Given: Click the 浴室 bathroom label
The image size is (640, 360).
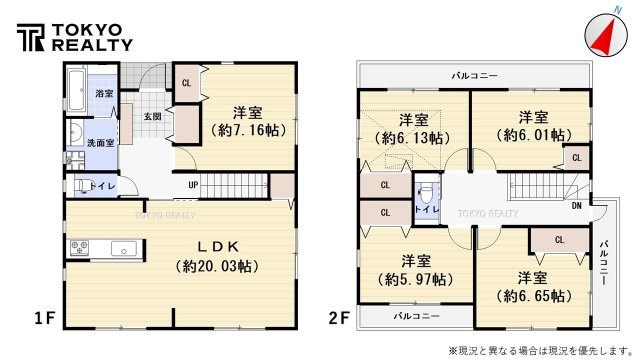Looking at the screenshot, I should [x=104, y=93].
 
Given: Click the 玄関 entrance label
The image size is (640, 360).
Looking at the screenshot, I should [x=152, y=117].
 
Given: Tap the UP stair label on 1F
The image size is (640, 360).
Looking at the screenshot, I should [x=192, y=186].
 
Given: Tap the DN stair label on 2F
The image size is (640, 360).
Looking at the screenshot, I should [x=577, y=206].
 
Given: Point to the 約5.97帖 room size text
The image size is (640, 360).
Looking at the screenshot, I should [x=413, y=279].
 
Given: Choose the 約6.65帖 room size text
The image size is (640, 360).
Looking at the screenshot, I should [x=531, y=295].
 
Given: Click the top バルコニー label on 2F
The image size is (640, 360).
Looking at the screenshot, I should [x=474, y=75].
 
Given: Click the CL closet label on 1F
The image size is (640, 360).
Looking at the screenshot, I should [x=186, y=83].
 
